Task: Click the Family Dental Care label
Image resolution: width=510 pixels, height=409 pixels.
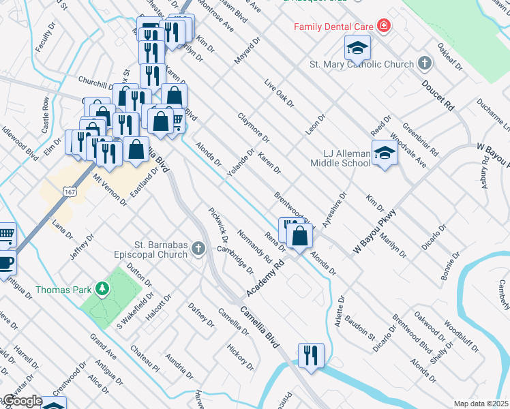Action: coord(333,27)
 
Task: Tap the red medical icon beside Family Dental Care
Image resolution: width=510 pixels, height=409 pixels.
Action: coord(384,27)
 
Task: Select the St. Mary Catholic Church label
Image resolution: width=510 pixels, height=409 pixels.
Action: coord(362,65)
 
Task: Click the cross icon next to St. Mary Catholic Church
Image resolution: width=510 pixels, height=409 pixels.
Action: coord(425,65)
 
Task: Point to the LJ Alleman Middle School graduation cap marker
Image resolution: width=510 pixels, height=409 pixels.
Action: coord(385,153)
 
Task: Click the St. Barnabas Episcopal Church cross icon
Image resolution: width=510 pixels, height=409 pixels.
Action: coord(198,249)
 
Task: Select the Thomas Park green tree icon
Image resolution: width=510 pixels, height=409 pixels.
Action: coord(102,289)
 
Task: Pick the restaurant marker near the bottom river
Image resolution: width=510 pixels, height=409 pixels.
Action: coord(311,355)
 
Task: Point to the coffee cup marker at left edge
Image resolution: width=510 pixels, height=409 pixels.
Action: coord(5,262)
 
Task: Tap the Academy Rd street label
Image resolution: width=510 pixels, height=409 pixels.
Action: coord(265,281)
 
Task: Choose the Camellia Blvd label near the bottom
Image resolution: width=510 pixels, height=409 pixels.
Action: coord(259,328)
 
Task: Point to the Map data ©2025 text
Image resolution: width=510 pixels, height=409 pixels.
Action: coord(481,404)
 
